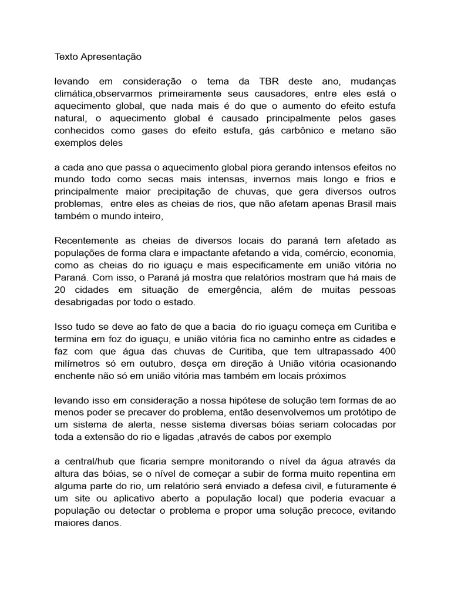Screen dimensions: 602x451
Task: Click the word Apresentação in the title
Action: pyautogui.click(x=111, y=57)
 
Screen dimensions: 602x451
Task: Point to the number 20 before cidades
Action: pyautogui.click(x=60, y=290)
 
